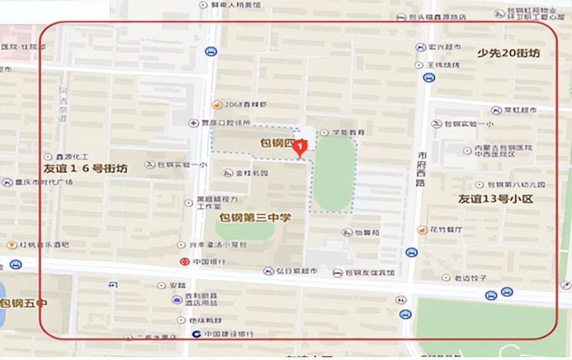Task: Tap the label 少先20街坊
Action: pos(509,53)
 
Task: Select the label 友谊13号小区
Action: pos(497,198)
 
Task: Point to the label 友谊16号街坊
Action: pos(86,169)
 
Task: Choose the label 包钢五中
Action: pos(23,303)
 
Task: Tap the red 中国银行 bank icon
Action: pos(184,261)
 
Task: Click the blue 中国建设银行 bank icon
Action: pos(197,333)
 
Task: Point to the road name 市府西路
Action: pos(420,169)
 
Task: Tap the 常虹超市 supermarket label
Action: pos(520,110)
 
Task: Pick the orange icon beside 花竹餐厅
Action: pos(422,229)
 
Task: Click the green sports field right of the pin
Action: pos(334,172)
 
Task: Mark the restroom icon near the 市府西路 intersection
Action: pos(401,300)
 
